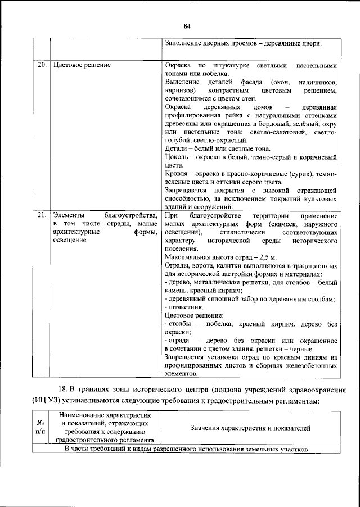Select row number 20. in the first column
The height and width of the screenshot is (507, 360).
pos(42,65)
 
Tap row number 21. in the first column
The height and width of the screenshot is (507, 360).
pos(42,216)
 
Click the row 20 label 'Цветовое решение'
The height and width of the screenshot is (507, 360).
pos(82,65)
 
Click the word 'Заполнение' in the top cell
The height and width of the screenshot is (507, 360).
pos(186,43)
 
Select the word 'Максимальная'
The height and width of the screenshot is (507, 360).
pos(189,257)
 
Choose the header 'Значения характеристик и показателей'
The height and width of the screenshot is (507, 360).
pos(251,428)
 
